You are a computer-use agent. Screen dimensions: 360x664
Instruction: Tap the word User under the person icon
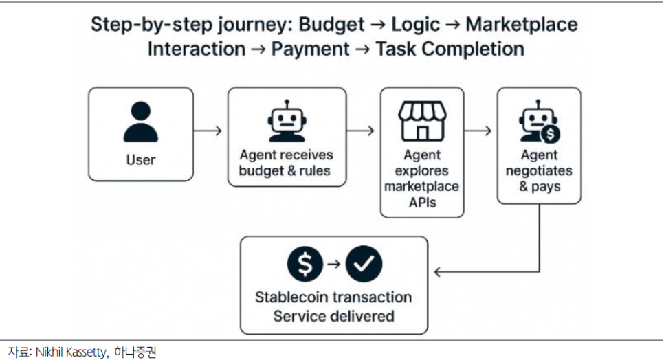point(140,160)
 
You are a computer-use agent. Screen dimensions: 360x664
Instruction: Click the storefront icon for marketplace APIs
point(422,121)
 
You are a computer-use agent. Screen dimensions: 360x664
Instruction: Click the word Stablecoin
point(293,297)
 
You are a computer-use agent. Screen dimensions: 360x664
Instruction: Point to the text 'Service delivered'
point(333,316)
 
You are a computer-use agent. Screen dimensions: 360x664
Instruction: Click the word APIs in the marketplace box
point(421,202)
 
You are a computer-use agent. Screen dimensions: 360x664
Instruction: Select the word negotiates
point(538,170)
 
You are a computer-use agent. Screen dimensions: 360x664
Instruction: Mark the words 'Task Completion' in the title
point(450,49)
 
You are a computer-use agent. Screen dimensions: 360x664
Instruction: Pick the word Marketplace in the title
point(521,25)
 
